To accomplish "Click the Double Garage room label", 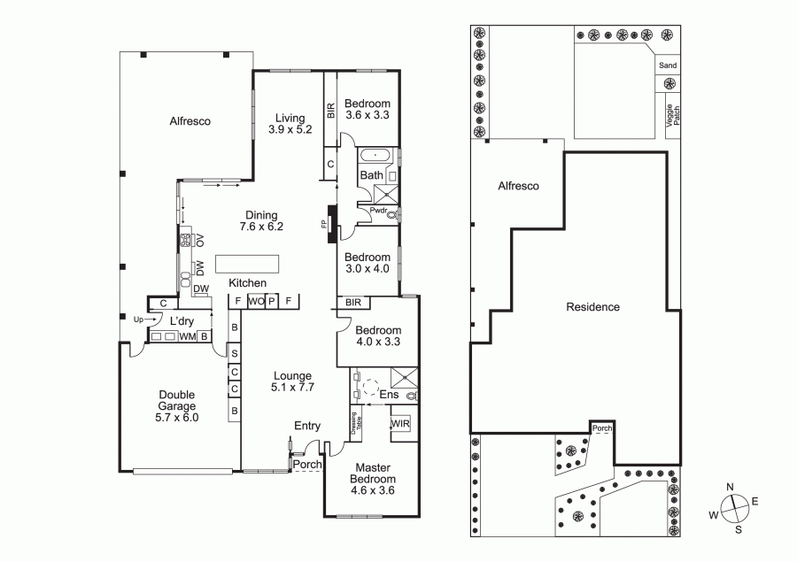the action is [x=176, y=406].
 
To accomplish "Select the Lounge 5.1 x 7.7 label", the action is [x=292, y=381].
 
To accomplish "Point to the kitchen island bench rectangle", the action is [x=247, y=265].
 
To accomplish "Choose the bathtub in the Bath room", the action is [x=376, y=155].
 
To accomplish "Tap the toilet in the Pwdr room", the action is [x=392, y=214].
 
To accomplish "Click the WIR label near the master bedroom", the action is [x=400, y=423].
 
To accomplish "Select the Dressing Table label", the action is [x=357, y=422].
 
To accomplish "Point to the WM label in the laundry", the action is [x=188, y=336].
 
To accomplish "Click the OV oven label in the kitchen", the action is [x=200, y=240].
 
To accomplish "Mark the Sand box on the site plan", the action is [x=668, y=65].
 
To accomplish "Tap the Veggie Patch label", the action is [x=673, y=115].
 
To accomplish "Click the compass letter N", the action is [x=730, y=487].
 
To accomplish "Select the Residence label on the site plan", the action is [x=592, y=307].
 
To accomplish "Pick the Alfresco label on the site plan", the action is [x=518, y=186].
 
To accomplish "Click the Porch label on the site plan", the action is [x=602, y=428].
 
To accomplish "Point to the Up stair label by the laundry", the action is [x=138, y=319].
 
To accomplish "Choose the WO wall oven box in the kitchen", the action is [x=256, y=301].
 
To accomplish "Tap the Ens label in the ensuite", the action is [x=390, y=395].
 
